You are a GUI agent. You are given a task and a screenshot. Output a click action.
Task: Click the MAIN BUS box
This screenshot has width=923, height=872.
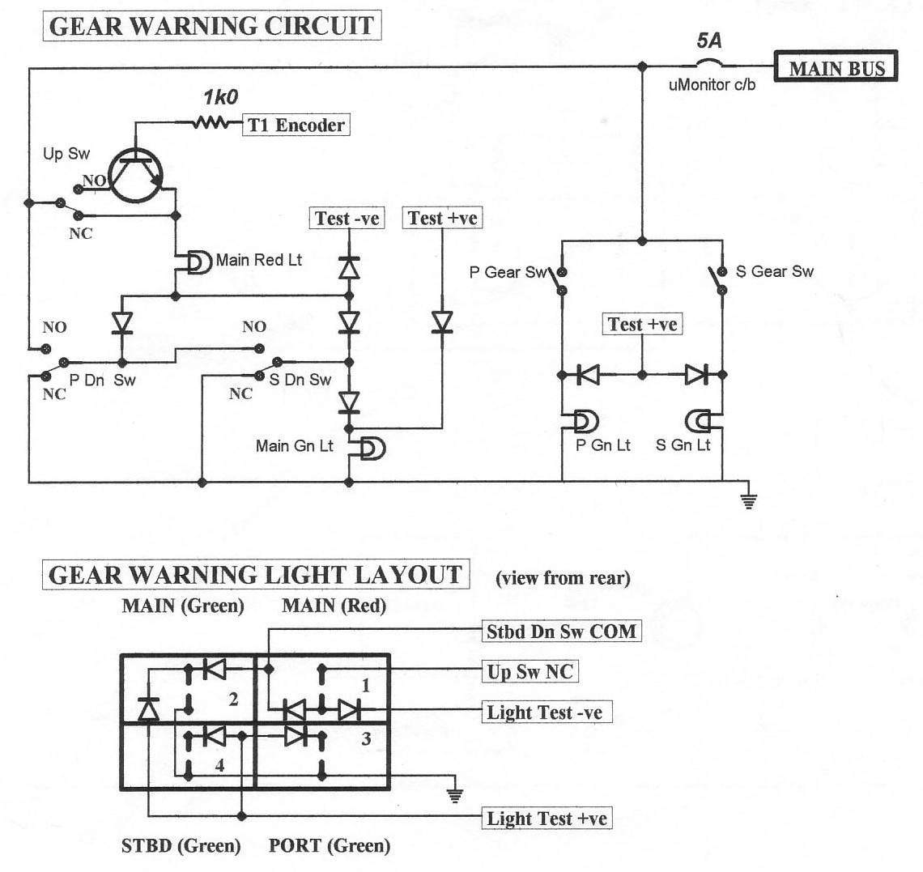pyautogui.click(x=836, y=68)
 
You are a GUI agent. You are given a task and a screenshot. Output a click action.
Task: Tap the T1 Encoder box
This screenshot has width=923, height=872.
pyautogui.click(x=296, y=125)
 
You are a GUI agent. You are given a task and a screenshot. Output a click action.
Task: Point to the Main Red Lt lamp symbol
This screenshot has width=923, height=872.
pyautogui.click(x=198, y=262)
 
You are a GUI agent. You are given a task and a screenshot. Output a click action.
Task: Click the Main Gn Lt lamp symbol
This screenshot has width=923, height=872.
pyautogui.click(x=372, y=447)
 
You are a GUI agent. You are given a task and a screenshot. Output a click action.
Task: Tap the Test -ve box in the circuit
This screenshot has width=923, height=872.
pyautogui.click(x=347, y=218)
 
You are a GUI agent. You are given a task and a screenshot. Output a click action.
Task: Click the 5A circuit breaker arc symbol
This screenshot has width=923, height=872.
pyautogui.click(x=709, y=62)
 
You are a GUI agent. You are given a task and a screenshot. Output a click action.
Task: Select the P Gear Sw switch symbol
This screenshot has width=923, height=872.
pyautogui.click(x=559, y=280)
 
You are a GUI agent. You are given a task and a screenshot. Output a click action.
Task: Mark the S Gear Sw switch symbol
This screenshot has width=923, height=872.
pyautogui.click(x=717, y=280)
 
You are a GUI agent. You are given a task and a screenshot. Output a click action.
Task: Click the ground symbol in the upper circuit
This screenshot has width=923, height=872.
pyautogui.click(x=749, y=500)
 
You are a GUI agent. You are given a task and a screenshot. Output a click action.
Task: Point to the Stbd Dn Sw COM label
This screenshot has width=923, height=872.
pyautogui.click(x=561, y=631)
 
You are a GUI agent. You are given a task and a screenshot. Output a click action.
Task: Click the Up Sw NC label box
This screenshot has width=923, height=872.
pyautogui.click(x=530, y=671)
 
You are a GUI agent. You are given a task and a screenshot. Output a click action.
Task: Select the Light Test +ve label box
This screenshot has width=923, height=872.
pyautogui.click(x=547, y=818)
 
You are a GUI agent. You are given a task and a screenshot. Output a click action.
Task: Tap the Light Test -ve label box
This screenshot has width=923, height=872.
pyautogui.click(x=545, y=712)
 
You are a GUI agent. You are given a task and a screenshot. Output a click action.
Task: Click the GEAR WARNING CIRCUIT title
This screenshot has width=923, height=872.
pyautogui.click(x=211, y=26)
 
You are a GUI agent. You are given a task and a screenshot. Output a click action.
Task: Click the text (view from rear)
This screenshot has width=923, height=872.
pyautogui.click(x=563, y=577)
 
